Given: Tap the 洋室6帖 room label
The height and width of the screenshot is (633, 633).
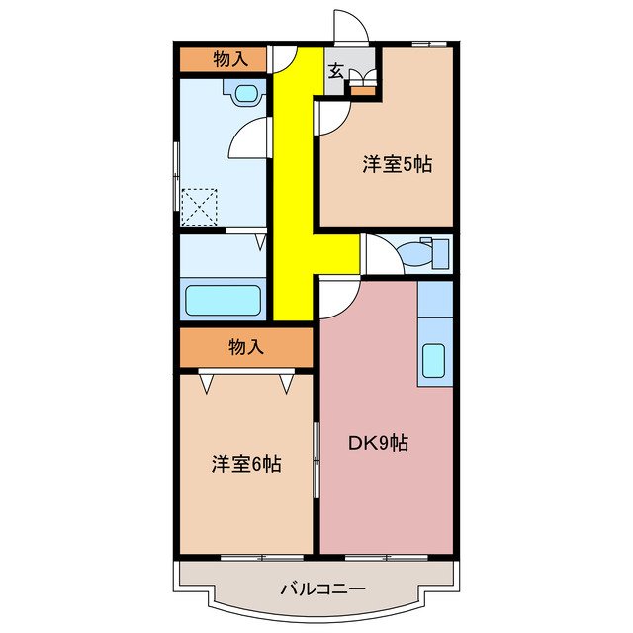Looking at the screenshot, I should (246, 463).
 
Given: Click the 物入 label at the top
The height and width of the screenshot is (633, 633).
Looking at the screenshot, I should (230, 59).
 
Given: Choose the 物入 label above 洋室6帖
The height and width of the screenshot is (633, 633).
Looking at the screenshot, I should (245, 347).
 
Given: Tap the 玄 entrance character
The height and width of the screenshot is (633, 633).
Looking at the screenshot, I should (336, 71).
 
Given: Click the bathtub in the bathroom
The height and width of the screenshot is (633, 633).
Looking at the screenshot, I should (223, 299).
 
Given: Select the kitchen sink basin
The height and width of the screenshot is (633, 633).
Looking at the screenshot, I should (434, 364).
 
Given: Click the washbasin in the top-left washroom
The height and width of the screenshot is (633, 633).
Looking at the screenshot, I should (244, 93).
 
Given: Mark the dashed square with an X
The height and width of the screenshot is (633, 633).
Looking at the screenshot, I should (201, 207).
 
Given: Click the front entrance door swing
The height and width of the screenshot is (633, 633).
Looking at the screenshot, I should (351, 25).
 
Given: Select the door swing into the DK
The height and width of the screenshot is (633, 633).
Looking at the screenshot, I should (336, 296).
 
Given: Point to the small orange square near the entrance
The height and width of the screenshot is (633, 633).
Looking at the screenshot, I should (364, 92).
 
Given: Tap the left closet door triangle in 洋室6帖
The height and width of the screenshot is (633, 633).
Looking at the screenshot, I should (206, 381).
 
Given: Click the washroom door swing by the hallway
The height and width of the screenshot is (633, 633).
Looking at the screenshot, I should (250, 137).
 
